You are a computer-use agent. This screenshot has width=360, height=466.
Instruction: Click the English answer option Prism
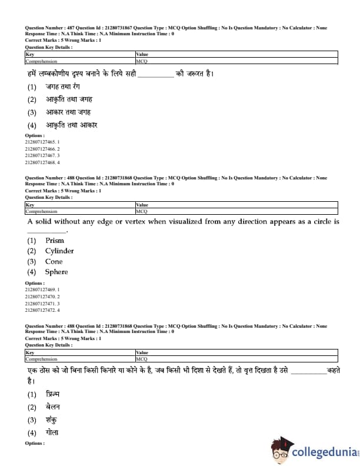click(55, 240)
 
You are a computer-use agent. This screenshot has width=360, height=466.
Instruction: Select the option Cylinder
click(59, 251)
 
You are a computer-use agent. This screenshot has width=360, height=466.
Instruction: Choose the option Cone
click(54, 261)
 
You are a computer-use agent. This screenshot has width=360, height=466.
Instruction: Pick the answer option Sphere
click(56, 272)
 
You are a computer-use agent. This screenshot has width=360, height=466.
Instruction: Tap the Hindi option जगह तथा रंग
click(65, 86)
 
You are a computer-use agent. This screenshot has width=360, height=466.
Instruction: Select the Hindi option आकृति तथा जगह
click(69, 99)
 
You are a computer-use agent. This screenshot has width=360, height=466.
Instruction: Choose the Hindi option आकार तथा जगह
click(68, 112)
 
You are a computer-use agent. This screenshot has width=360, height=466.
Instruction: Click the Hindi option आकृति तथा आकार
click(71, 125)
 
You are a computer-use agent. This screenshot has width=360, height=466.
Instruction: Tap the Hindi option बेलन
click(53, 407)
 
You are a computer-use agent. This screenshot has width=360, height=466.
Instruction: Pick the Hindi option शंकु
click(52, 420)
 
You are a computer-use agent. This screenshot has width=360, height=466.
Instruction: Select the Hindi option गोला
click(52, 432)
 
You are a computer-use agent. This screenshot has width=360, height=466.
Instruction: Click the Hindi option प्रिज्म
click(53, 394)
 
